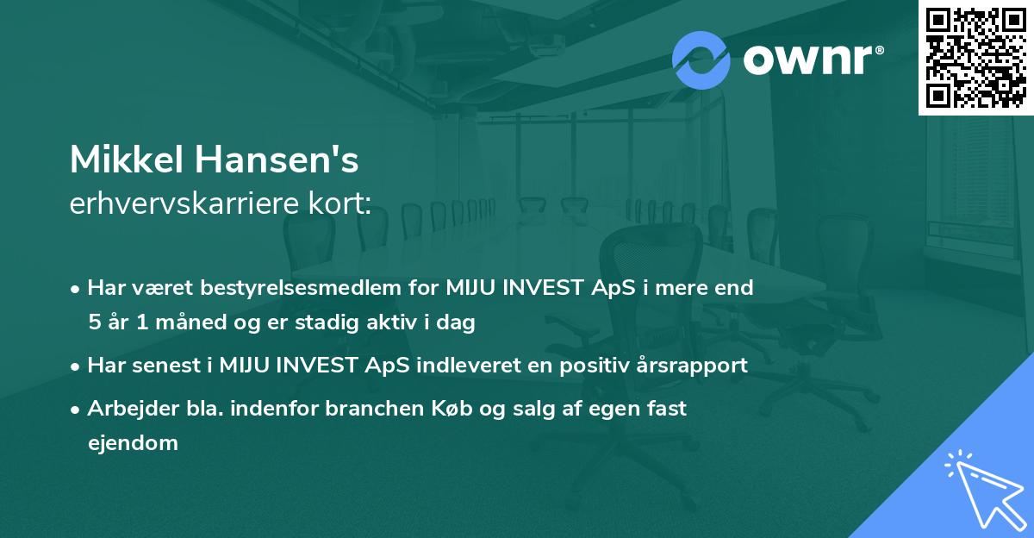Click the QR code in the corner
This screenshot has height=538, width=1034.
click(x=976, y=57)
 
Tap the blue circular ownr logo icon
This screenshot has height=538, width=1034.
click(x=701, y=60)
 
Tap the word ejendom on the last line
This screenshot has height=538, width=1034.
click(x=133, y=443)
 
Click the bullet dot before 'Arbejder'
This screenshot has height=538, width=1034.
click(x=77, y=410)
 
